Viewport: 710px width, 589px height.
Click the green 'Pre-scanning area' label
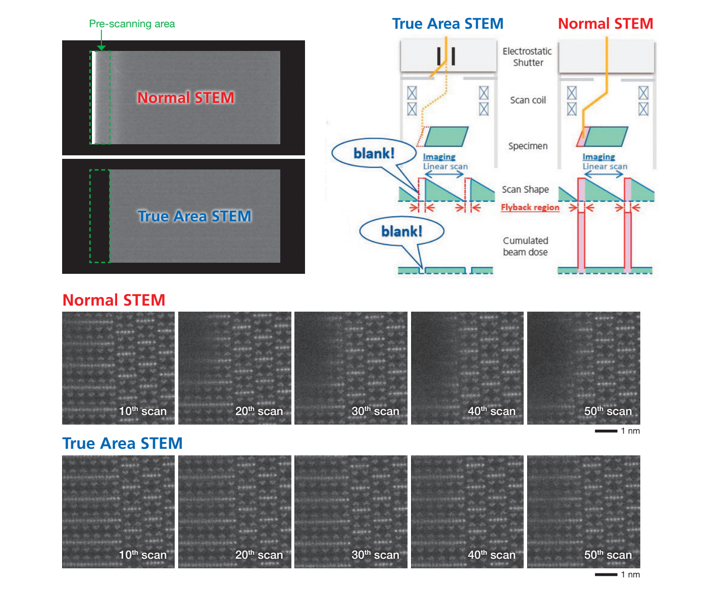tap(132, 24)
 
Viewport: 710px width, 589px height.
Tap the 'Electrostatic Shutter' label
tap(527, 56)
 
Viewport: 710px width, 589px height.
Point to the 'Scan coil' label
tap(528, 100)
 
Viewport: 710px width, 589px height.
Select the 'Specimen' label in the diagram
tap(528, 146)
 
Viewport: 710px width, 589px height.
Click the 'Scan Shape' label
tap(525, 189)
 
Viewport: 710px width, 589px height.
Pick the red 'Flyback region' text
tap(530, 207)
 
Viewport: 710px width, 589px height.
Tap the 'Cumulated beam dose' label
tap(525, 246)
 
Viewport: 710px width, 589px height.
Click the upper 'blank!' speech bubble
tap(374, 153)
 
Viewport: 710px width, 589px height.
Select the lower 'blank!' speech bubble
tap(401, 231)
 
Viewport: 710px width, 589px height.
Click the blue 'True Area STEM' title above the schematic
tap(447, 24)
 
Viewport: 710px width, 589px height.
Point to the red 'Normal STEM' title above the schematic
tap(605, 24)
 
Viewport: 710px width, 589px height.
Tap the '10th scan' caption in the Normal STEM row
tap(142, 410)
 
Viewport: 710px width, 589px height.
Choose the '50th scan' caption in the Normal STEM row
tap(607, 410)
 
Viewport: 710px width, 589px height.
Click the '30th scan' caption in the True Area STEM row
tap(375, 554)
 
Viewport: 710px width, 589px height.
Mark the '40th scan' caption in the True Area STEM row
tap(491, 554)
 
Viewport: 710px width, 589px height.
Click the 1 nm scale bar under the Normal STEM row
tap(606, 431)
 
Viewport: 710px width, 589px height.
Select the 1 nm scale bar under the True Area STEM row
tap(606, 575)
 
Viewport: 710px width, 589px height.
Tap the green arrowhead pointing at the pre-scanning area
tap(101, 48)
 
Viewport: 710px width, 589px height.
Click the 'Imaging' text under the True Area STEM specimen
tap(439, 157)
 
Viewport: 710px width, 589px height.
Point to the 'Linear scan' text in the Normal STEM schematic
tap(604, 166)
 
